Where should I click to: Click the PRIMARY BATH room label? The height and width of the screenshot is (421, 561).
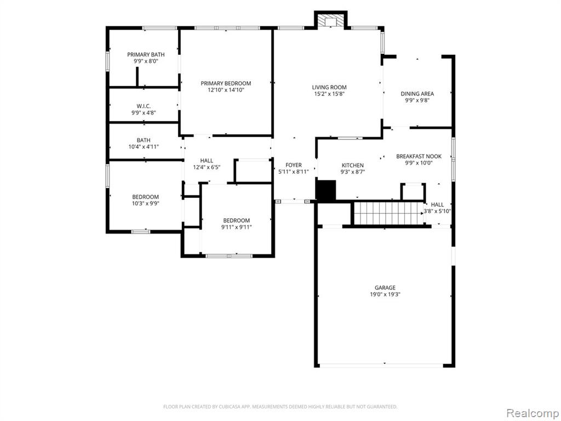[146, 54]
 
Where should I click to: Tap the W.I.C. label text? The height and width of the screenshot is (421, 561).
[144, 106]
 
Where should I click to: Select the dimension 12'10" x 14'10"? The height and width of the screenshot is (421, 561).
[226, 90]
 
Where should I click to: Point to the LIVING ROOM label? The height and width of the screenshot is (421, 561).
[329, 87]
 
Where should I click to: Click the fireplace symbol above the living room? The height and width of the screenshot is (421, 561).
[330, 21]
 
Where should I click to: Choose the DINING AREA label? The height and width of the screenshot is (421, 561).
[417, 94]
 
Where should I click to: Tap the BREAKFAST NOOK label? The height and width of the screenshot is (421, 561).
[419, 156]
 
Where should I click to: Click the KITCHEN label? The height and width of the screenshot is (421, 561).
[353, 166]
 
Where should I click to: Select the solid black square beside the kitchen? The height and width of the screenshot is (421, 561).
[326, 190]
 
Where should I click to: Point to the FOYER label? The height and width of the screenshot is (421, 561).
[294, 165]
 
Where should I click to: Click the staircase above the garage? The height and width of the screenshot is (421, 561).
[389, 213]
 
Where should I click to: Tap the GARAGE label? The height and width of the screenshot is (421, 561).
[385, 287]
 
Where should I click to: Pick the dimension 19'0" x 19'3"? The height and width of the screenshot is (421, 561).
[385, 294]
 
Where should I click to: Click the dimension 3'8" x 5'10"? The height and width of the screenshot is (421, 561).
[437, 211]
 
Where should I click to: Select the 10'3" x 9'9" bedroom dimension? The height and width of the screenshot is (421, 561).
[145, 204]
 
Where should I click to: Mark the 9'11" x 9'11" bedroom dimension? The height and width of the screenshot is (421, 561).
[237, 227]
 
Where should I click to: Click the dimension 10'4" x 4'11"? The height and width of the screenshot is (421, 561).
[144, 147]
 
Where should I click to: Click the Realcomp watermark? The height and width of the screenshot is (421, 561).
[533, 414]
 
